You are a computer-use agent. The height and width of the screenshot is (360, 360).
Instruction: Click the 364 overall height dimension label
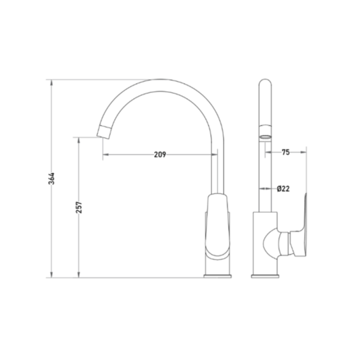(x=52, y=178)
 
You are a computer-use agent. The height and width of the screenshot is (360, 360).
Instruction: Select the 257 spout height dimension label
(x=79, y=207)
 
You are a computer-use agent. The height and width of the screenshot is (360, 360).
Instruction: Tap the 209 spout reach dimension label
(x=160, y=155)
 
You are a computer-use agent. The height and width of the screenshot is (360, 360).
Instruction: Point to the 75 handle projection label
(x=286, y=152)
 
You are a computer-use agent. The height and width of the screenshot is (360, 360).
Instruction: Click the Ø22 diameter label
(x=283, y=188)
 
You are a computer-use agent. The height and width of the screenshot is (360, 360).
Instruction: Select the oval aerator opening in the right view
(x=265, y=137)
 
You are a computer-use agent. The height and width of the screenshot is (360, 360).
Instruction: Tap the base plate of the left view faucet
(x=217, y=276)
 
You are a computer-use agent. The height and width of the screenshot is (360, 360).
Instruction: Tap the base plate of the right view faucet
(x=265, y=276)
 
